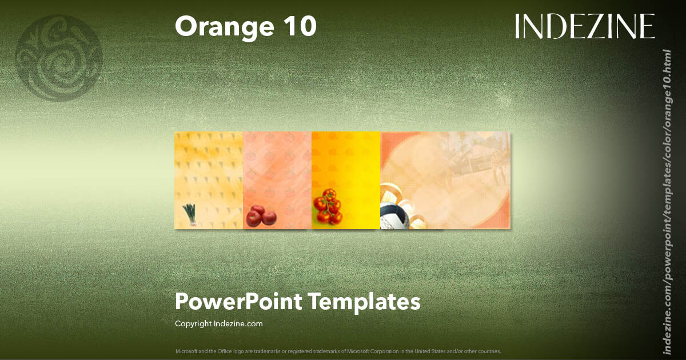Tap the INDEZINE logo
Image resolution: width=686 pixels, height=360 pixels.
tap(584, 27)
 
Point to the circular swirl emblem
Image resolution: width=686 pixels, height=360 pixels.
tap(59, 58)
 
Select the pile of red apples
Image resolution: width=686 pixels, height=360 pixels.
tap(261, 215)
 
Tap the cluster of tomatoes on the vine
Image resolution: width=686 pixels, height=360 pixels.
tap(328, 206)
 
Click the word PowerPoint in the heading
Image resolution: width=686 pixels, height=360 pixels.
tap(238, 301)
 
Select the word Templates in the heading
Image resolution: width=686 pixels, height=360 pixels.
tap(364, 301)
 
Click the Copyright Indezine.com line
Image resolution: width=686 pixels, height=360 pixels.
tap(218, 323)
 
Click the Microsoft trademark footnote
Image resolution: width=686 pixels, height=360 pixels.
tap(338, 351)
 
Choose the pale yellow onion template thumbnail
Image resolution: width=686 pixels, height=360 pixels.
tap(209, 171)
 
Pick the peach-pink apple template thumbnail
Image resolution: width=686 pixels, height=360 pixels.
tap(277, 171)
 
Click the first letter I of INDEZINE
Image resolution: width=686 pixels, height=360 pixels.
tap(518, 27)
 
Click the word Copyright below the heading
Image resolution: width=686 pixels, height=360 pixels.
tap(193, 323)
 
